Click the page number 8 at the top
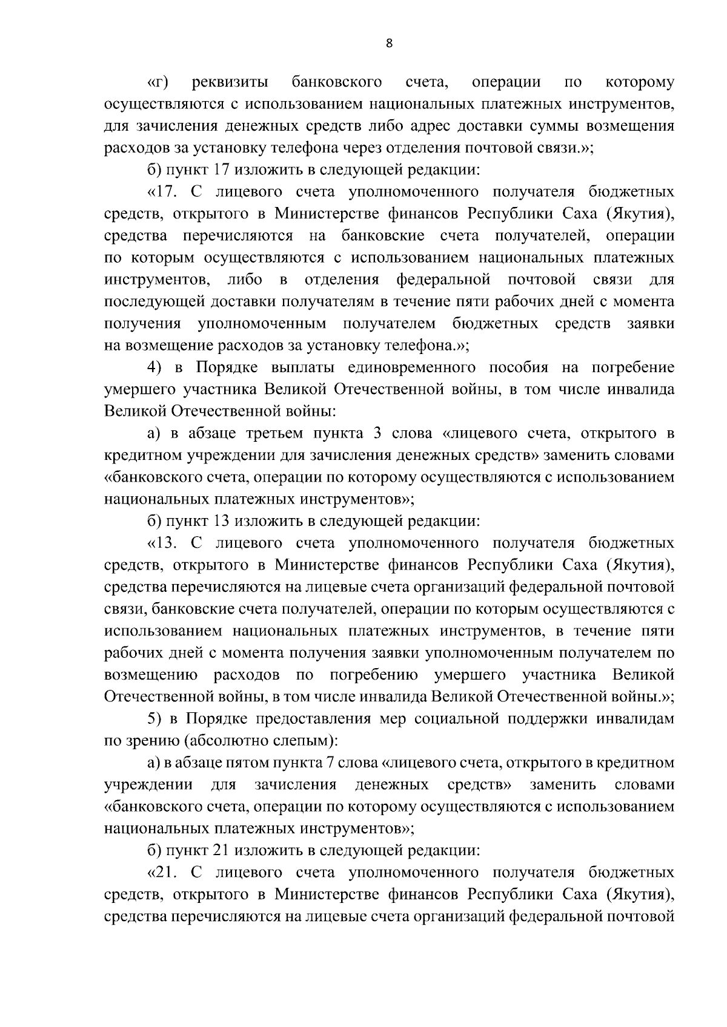pyautogui.click(x=389, y=43)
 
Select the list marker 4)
pyautogui.click(x=156, y=368)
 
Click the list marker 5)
pyautogui.click(x=156, y=719)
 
